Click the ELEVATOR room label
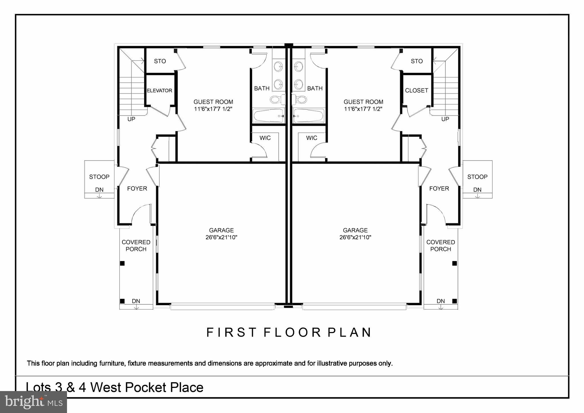click(x=159, y=91)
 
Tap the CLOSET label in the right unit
click(x=417, y=90)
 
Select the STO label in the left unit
click(x=160, y=61)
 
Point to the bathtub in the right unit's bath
click(x=309, y=116)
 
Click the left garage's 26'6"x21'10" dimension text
click(x=221, y=237)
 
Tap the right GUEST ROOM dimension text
click(x=363, y=109)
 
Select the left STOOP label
click(x=99, y=177)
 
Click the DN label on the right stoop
click(x=477, y=190)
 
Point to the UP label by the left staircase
click(x=131, y=119)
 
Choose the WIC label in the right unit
click(x=311, y=138)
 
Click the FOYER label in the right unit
click(x=439, y=189)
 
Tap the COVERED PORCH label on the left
click(x=136, y=246)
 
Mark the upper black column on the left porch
click(x=122, y=263)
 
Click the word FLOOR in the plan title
click(x=292, y=333)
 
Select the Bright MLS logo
click(x=33, y=402)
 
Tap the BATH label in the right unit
click(x=315, y=88)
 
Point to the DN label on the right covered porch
click(x=441, y=301)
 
